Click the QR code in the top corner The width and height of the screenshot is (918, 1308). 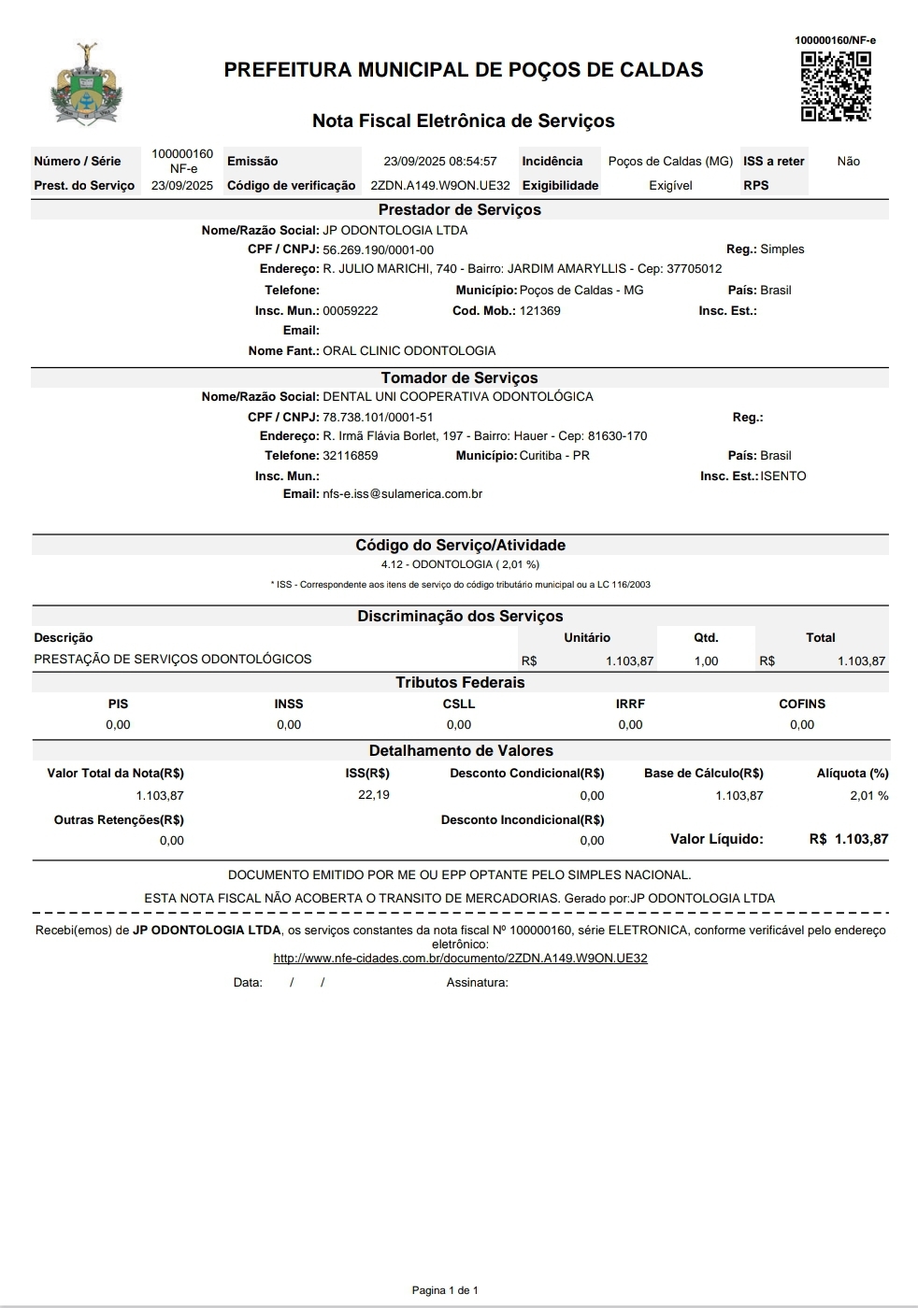tap(836, 87)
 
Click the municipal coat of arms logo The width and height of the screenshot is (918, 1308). tap(86, 84)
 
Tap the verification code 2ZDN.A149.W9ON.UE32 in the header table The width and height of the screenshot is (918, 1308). tap(440, 185)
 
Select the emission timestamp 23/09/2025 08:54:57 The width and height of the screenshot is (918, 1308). tap(440, 162)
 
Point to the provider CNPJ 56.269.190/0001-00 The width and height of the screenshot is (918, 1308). tap(378, 250)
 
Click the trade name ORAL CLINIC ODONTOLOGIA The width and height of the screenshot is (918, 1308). tap(409, 351)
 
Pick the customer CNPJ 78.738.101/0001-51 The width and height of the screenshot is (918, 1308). tap(378, 418)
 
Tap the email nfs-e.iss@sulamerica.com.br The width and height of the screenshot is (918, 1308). tap(402, 494)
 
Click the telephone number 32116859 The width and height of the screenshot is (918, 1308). tap(350, 456)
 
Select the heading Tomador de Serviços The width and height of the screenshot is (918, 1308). tap(459, 377)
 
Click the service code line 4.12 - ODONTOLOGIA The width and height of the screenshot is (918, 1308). tap(459, 564)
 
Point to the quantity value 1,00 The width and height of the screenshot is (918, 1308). tap(706, 661)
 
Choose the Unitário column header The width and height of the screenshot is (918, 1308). tap(587, 638)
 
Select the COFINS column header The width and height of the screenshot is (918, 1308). tap(802, 704)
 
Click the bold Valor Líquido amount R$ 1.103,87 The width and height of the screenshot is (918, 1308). tap(849, 839)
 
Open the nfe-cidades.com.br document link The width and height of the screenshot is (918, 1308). tap(460, 959)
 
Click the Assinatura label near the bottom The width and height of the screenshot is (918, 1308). tap(477, 983)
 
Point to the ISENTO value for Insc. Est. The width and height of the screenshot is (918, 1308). tap(782, 476)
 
